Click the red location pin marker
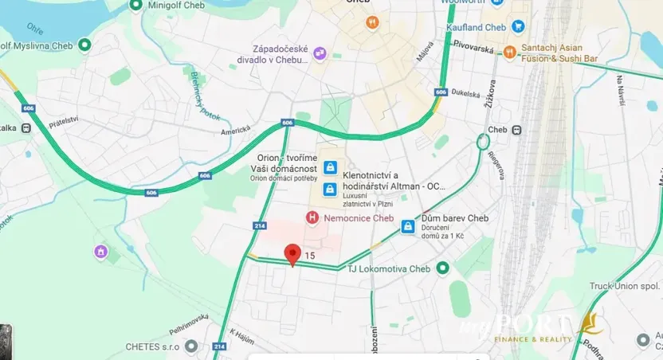(292, 254)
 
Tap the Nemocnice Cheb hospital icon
(312, 217)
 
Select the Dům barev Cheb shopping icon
(408, 226)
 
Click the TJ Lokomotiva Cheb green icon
(444, 268)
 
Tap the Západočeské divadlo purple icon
(320, 53)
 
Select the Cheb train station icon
(517, 130)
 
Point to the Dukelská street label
(465, 93)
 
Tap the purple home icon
(100, 252)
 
